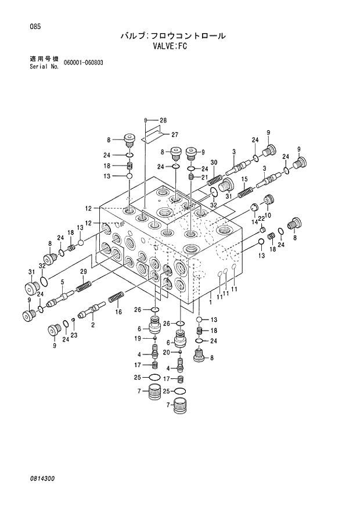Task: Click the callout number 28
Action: tap(163, 120)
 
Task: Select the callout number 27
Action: tap(174, 135)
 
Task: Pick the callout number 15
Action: tap(244, 179)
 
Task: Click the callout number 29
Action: tap(83, 272)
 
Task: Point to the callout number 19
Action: tap(139, 338)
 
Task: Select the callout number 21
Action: tap(204, 177)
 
